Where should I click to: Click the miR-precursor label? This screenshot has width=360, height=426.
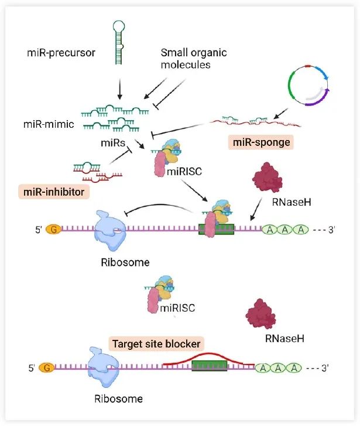(x=61, y=53)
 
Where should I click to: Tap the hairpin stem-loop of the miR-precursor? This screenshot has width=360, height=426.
(x=119, y=43)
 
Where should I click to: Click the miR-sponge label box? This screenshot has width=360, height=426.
(x=261, y=142)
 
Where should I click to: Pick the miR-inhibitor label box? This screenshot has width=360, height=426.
(x=54, y=192)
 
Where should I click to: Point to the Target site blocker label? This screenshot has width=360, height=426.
(x=156, y=344)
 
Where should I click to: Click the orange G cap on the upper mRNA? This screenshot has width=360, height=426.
(x=53, y=230)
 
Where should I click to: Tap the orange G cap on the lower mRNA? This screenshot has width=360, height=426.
(x=47, y=368)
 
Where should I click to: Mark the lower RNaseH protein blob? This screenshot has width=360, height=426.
(x=260, y=314)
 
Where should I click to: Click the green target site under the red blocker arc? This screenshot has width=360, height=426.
(x=210, y=366)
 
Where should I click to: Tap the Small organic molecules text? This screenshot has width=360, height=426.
(x=194, y=59)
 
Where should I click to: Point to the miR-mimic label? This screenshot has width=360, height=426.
(x=49, y=124)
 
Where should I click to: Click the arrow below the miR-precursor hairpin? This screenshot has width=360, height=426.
(x=120, y=89)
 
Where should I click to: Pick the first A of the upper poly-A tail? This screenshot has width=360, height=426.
(x=270, y=230)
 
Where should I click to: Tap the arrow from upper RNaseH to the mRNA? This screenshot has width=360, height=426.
(x=256, y=209)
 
